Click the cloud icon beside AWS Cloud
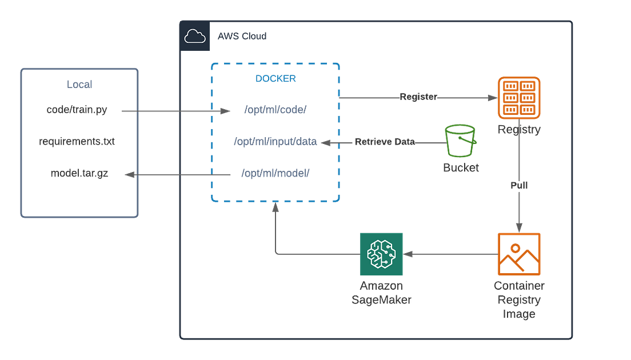[195, 37]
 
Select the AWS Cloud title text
[242, 37]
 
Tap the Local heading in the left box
[79, 84]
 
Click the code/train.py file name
[77, 110]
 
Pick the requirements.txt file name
[77, 141]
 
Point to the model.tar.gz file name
[78, 174]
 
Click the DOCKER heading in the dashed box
[275, 79]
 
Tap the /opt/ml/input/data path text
[275, 141]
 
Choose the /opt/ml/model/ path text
[275, 172]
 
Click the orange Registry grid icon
[518, 98]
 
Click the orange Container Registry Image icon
[518, 254]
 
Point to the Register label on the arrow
[417, 97]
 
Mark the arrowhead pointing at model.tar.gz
[129, 176]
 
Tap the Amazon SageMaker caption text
[381, 293]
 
